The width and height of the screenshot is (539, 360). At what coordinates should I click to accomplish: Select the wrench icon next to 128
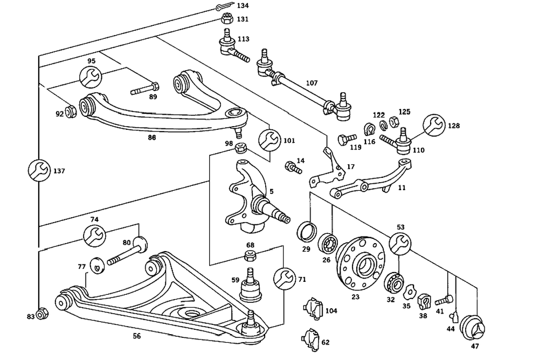coord(434,125)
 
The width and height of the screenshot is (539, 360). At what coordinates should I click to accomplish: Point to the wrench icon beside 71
coord(284,279)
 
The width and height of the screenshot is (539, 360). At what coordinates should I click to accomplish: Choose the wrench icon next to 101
coord(268,141)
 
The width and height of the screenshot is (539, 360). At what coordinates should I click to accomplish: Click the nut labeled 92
coord(70,113)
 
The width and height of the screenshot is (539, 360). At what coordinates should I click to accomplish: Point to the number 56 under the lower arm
coord(136,336)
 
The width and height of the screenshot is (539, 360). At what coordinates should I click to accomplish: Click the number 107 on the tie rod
coord(312,84)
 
